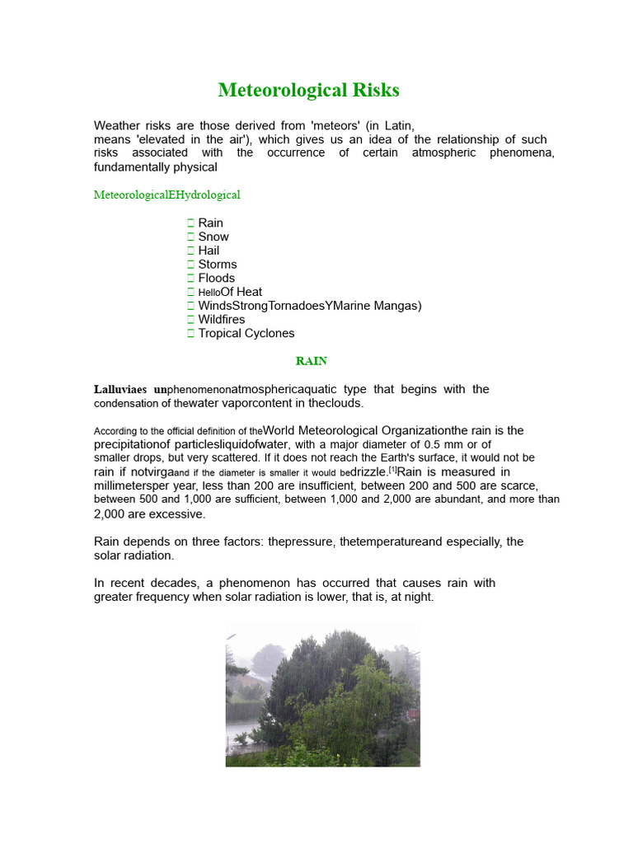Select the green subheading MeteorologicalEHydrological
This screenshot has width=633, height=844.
[167, 195]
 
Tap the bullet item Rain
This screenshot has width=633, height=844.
[210, 223]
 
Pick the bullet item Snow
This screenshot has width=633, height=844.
[213, 237]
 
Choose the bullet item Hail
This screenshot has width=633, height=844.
[209, 251]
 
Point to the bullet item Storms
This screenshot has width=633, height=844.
[218, 265]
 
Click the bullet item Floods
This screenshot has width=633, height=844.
[217, 278]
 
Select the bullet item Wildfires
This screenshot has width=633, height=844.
[222, 320]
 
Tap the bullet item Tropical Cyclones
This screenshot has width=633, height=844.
[246, 334]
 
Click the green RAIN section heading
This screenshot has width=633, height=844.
[312, 361]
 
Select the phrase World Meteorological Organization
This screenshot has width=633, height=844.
[356, 430]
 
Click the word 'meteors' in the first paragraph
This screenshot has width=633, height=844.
[329, 126]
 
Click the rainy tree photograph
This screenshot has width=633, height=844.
[322, 695]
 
